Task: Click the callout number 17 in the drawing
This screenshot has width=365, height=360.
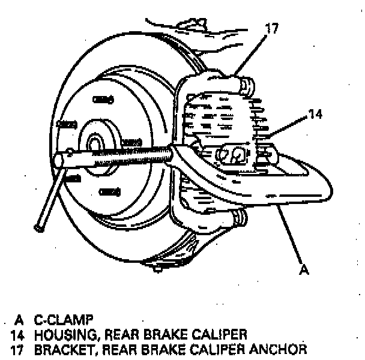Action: [x=271, y=28]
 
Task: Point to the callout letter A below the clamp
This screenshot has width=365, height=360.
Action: [x=304, y=270]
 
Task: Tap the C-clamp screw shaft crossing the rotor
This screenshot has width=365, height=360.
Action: [x=120, y=155]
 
